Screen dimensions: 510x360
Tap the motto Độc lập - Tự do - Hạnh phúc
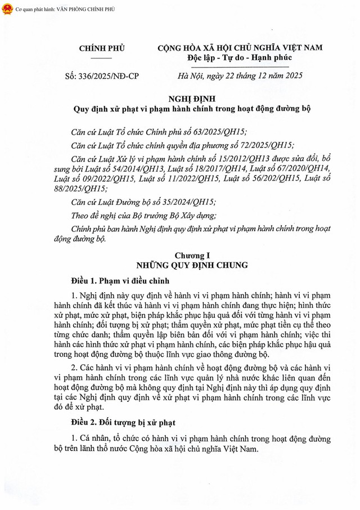tap(240, 58)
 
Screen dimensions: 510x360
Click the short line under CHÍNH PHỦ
tap(101, 58)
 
